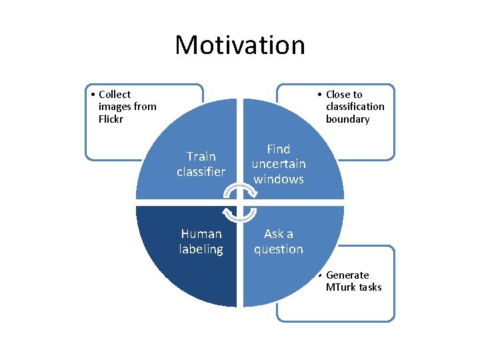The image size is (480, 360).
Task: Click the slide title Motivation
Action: (x=240, y=45)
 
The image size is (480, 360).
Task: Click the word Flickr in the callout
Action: (x=111, y=119)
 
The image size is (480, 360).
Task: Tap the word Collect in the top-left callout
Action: (x=115, y=95)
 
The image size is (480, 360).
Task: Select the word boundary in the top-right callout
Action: (x=347, y=119)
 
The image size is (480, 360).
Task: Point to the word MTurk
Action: (x=341, y=287)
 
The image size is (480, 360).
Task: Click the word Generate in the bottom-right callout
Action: (x=347, y=275)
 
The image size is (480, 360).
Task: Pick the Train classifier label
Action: (x=201, y=164)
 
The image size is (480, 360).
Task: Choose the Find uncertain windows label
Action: (x=279, y=164)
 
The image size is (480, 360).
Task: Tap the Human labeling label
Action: (x=201, y=241)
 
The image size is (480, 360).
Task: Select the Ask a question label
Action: (x=279, y=241)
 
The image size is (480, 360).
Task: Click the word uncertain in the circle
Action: (x=279, y=164)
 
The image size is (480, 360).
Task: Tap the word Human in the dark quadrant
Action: (x=201, y=234)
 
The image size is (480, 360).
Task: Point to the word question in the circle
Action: (x=279, y=249)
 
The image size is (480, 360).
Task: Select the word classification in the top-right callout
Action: (x=355, y=107)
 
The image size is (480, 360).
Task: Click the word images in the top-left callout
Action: (x=115, y=107)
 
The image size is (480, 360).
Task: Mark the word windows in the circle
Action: (x=279, y=179)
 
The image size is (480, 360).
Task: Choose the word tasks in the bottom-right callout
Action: (x=370, y=287)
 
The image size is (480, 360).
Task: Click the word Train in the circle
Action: (x=201, y=157)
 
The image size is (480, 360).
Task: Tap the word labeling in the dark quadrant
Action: (x=201, y=249)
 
